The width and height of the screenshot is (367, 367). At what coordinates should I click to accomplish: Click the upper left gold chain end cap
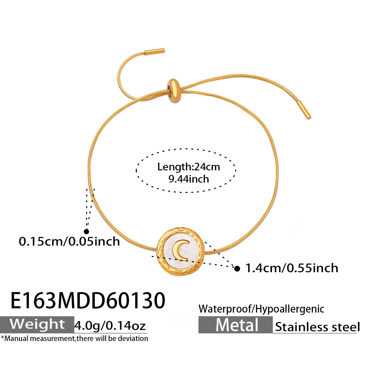[154, 51]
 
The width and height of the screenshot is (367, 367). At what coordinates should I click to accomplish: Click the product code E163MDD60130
[88, 300]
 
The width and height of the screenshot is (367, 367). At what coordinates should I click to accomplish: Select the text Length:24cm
[188, 167]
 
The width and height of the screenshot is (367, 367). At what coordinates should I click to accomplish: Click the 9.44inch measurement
[189, 179]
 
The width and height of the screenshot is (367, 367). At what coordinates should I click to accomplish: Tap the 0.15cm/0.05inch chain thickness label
[69, 242]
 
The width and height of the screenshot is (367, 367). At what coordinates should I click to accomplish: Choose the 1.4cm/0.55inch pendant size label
[292, 268]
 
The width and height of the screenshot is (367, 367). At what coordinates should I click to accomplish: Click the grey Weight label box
[37, 324]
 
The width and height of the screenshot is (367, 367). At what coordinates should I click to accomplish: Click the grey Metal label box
[235, 325]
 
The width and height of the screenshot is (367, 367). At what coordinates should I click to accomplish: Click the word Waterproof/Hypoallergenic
[261, 309]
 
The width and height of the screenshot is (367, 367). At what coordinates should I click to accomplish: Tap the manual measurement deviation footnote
[75, 339]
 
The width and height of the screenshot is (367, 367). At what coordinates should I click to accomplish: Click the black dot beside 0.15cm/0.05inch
[86, 232]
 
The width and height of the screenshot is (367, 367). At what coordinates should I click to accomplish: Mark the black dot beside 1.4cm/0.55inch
[237, 269]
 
